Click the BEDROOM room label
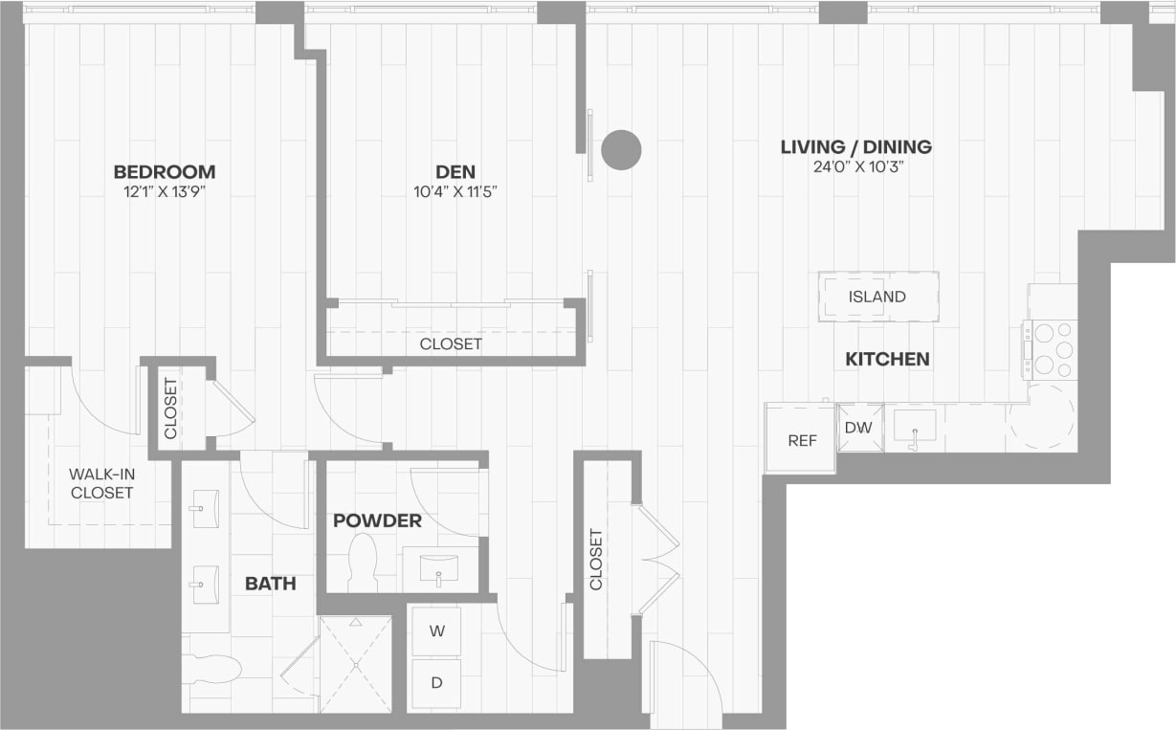[x=165, y=172]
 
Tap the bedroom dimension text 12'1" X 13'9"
[x=165, y=192]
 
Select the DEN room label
[x=455, y=172]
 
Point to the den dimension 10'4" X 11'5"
[x=455, y=192]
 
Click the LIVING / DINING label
[x=855, y=147]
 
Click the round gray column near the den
[x=621, y=150]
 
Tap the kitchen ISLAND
[x=877, y=297]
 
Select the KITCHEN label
[x=887, y=360]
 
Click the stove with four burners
[x=1051, y=349]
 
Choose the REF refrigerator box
[x=802, y=439]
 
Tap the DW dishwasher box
[x=859, y=428]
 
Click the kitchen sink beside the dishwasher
[x=915, y=426]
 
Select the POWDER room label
[x=377, y=520]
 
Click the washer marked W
[x=436, y=631]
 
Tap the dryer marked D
[x=436, y=683]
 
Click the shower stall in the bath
[x=355, y=664]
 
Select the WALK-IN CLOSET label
[x=100, y=483]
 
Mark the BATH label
[x=270, y=584]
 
